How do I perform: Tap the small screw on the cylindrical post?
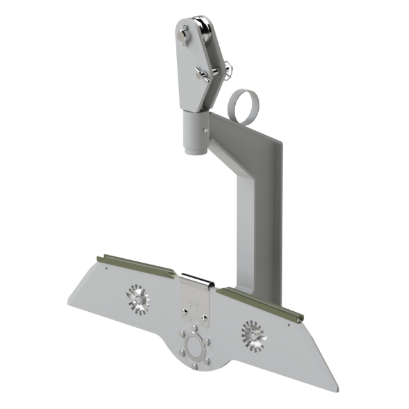tap(204, 130)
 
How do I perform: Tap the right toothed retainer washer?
tap(252, 333)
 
